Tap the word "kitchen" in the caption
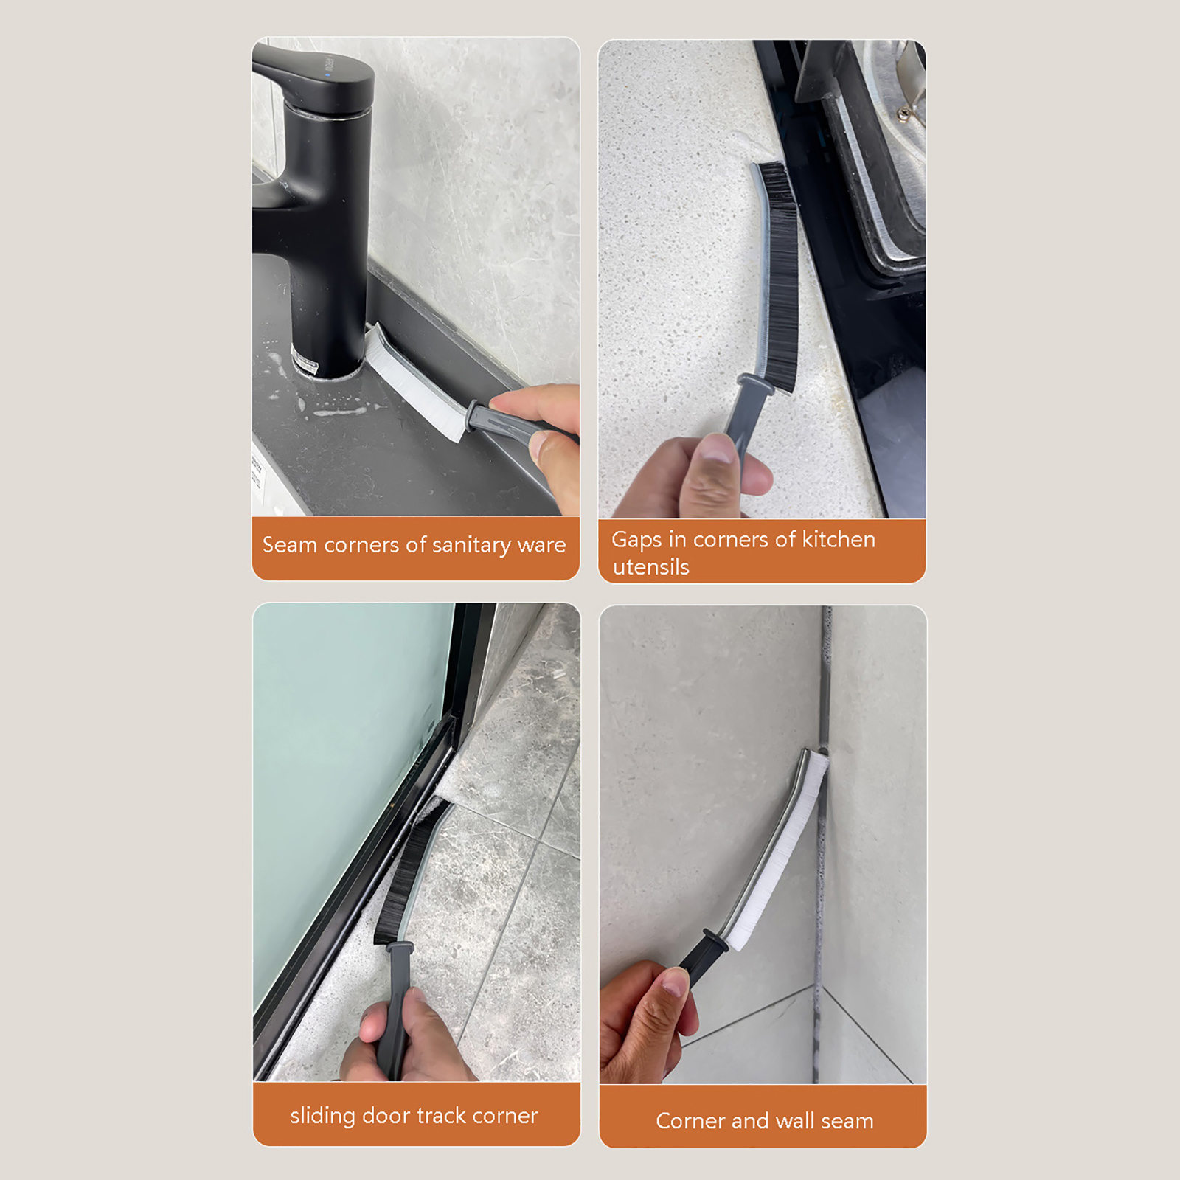coord(838,539)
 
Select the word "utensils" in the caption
coord(650,566)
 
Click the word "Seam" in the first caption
coord(290,545)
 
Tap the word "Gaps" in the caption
coord(636,540)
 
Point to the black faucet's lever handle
coord(313,74)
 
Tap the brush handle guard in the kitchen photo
coord(756,383)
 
